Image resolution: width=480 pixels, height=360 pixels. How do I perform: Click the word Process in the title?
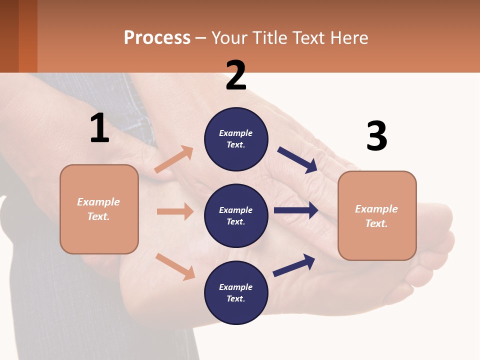(157, 37)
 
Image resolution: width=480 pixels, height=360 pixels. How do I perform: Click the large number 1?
(99, 128)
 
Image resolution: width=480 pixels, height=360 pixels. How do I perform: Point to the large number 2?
(236, 75)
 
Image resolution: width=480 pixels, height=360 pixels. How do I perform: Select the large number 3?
(376, 136)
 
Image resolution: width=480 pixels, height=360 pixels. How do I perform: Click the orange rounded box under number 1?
(99, 209)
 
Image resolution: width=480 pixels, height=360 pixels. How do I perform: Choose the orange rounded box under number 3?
(377, 216)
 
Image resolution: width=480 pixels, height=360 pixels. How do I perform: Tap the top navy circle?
(236, 138)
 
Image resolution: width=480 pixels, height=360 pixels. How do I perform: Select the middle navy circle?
(236, 215)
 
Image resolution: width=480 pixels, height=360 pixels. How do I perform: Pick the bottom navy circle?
(236, 292)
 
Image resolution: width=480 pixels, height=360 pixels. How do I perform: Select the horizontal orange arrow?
(175, 211)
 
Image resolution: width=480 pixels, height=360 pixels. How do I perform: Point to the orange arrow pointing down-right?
(175, 266)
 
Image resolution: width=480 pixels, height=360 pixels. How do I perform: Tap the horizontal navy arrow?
(296, 210)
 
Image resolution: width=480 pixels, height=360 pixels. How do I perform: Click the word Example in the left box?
(98, 202)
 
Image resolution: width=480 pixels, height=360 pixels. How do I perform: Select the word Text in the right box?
(376, 223)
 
